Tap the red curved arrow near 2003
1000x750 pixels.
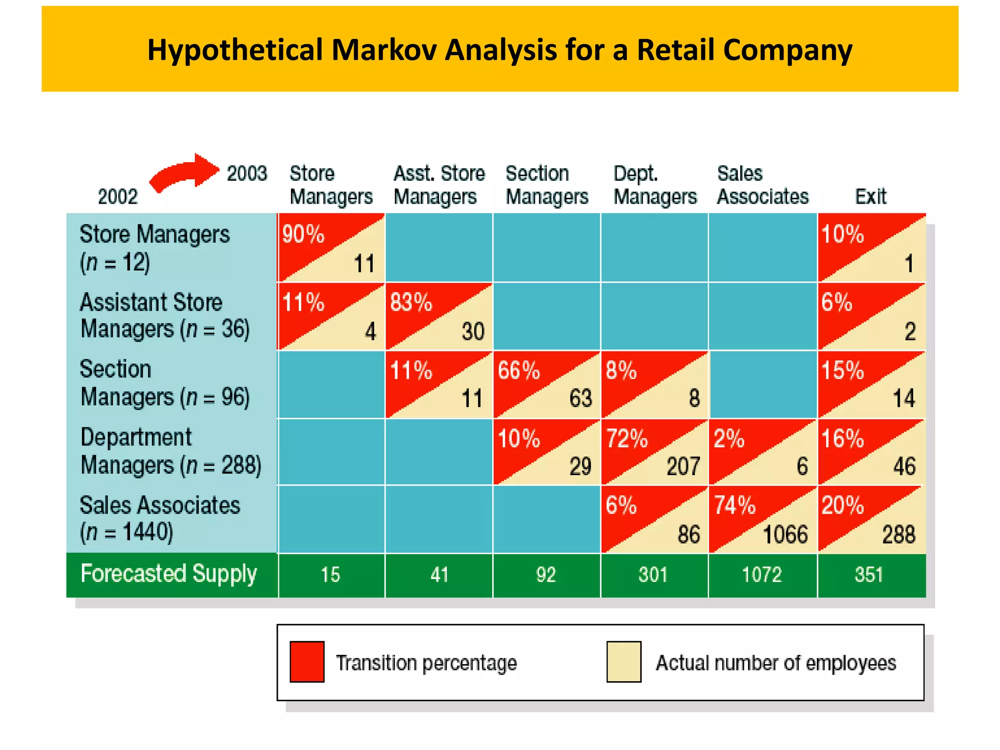[183, 173]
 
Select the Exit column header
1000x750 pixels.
[870, 196]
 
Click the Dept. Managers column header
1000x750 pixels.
[654, 185]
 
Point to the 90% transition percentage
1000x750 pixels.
[303, 234]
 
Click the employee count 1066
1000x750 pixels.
[785, 535]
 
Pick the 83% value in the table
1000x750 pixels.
[411, 302]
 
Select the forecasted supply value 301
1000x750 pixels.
[653, 575]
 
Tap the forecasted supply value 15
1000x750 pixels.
[330, 575]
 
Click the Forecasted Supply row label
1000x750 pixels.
[168, 574]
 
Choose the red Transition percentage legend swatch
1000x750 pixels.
[307, 662]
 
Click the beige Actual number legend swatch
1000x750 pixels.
[624, 662]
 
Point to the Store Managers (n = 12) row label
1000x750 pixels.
[154, 248]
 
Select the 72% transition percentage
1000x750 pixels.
[626, 438]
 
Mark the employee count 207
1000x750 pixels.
[683, 466]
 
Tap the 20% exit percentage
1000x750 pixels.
[842, 505]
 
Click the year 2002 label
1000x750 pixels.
[118, 197]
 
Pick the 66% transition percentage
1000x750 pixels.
[519, 371]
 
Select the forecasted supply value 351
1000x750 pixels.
[869, 575]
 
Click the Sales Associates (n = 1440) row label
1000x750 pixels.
[159, 519]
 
